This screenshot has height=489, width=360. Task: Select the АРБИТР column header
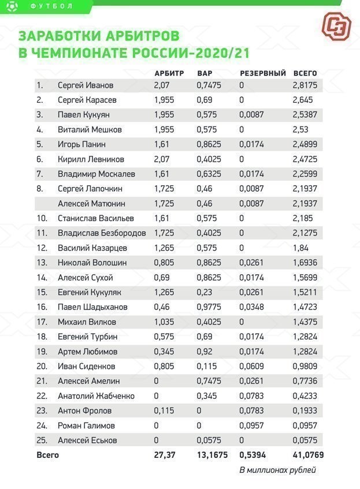[x=169, y=73]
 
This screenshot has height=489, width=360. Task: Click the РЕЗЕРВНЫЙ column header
[x=263, y=73]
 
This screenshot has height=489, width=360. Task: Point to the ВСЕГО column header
[x=306, y=73]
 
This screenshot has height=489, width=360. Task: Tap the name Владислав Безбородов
[x=102, y=233]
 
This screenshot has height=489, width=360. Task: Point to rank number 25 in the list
[x=40, y=440]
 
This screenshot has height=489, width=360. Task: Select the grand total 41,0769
[x=309, y=455]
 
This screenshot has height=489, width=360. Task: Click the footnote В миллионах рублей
[x=278, y=469]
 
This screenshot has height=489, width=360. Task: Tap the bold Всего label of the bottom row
[x=47, y=455]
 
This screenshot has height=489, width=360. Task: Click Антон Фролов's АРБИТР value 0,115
[x=164, y=410]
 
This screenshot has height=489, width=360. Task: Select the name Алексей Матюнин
[x=91, y=203]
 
